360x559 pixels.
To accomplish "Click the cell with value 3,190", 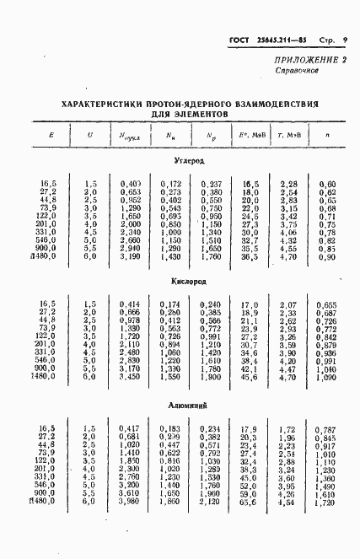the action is pos(130,257).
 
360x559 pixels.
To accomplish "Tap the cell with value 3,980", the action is pos(130,503).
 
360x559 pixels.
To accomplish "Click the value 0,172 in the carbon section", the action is pos(171,184).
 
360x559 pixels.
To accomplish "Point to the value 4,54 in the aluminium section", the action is pos(287,503).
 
